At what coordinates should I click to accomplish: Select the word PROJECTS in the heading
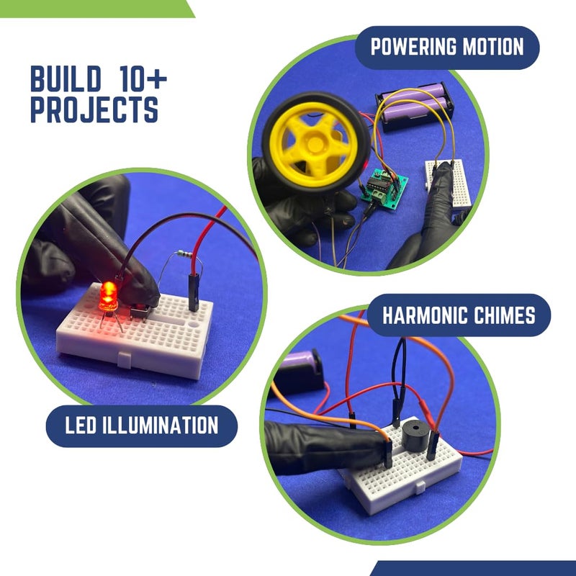point(94,109)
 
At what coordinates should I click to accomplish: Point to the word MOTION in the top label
point(493,48)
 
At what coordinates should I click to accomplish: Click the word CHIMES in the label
point(507,315)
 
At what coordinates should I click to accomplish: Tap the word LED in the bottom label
point(81,425)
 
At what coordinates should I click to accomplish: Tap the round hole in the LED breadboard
point(194,324)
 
